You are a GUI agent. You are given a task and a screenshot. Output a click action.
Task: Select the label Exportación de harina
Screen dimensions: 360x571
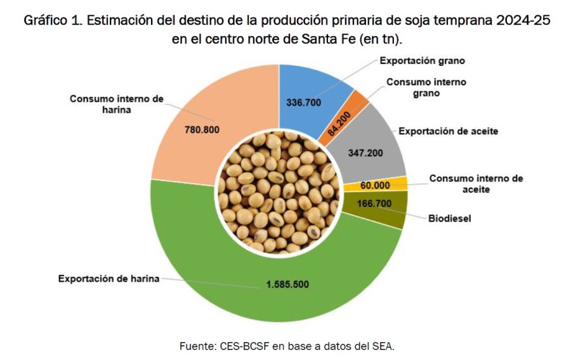108,278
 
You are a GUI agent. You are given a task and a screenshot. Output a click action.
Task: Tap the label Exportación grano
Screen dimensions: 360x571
423,61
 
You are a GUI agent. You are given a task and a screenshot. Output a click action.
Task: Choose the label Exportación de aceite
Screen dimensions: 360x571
448,131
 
